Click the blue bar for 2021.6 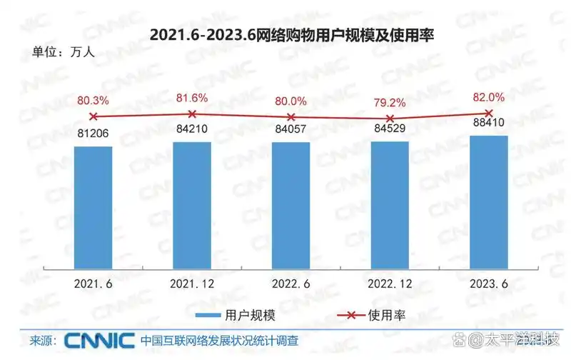coord(94,207)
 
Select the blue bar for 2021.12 coord(192,205)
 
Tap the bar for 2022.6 coord(290,205)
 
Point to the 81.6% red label coord(192,98)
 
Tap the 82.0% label coord(489,96)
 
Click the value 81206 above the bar coord(94,132)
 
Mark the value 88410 coord(489,123)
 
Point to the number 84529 coord(390,129)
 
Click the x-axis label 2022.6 coord(290,284)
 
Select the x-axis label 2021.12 coord(192,284)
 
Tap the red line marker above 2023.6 coord(489,113)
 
